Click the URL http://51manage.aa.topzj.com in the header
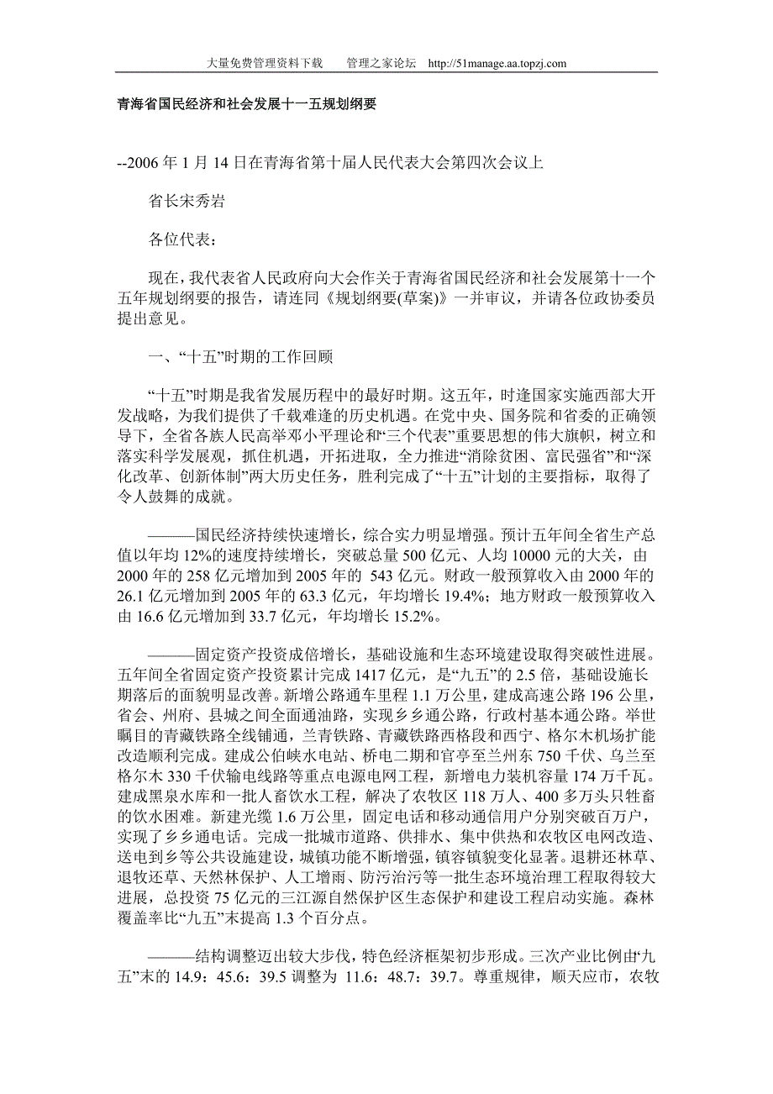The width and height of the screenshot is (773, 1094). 497,63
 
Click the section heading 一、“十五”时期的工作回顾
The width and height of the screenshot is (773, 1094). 240,357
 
